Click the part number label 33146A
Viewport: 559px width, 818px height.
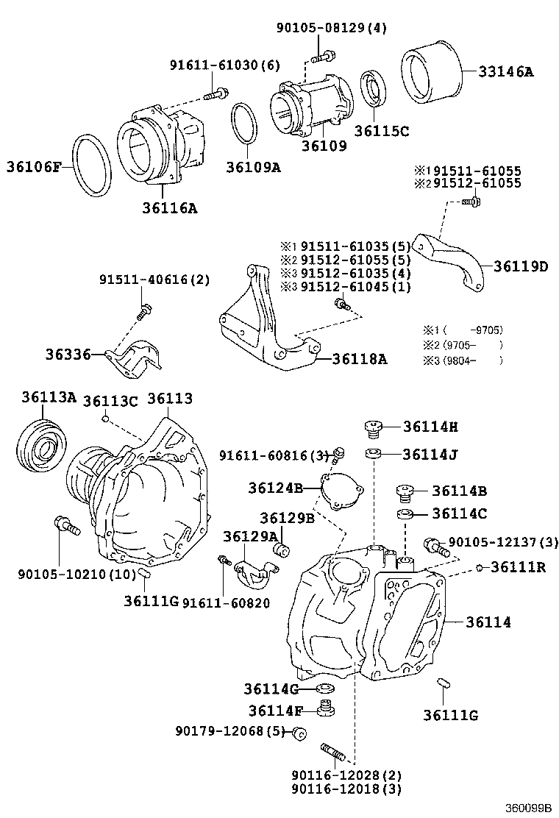(506, 71)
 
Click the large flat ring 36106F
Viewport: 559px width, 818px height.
(92, 166)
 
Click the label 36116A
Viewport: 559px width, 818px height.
(170, 208)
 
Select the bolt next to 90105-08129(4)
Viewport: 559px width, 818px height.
(324, 54)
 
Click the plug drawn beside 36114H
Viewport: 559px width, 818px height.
(374, 426)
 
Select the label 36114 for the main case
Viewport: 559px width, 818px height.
(488, 622)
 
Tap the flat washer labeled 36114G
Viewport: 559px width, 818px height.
(324, 689)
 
